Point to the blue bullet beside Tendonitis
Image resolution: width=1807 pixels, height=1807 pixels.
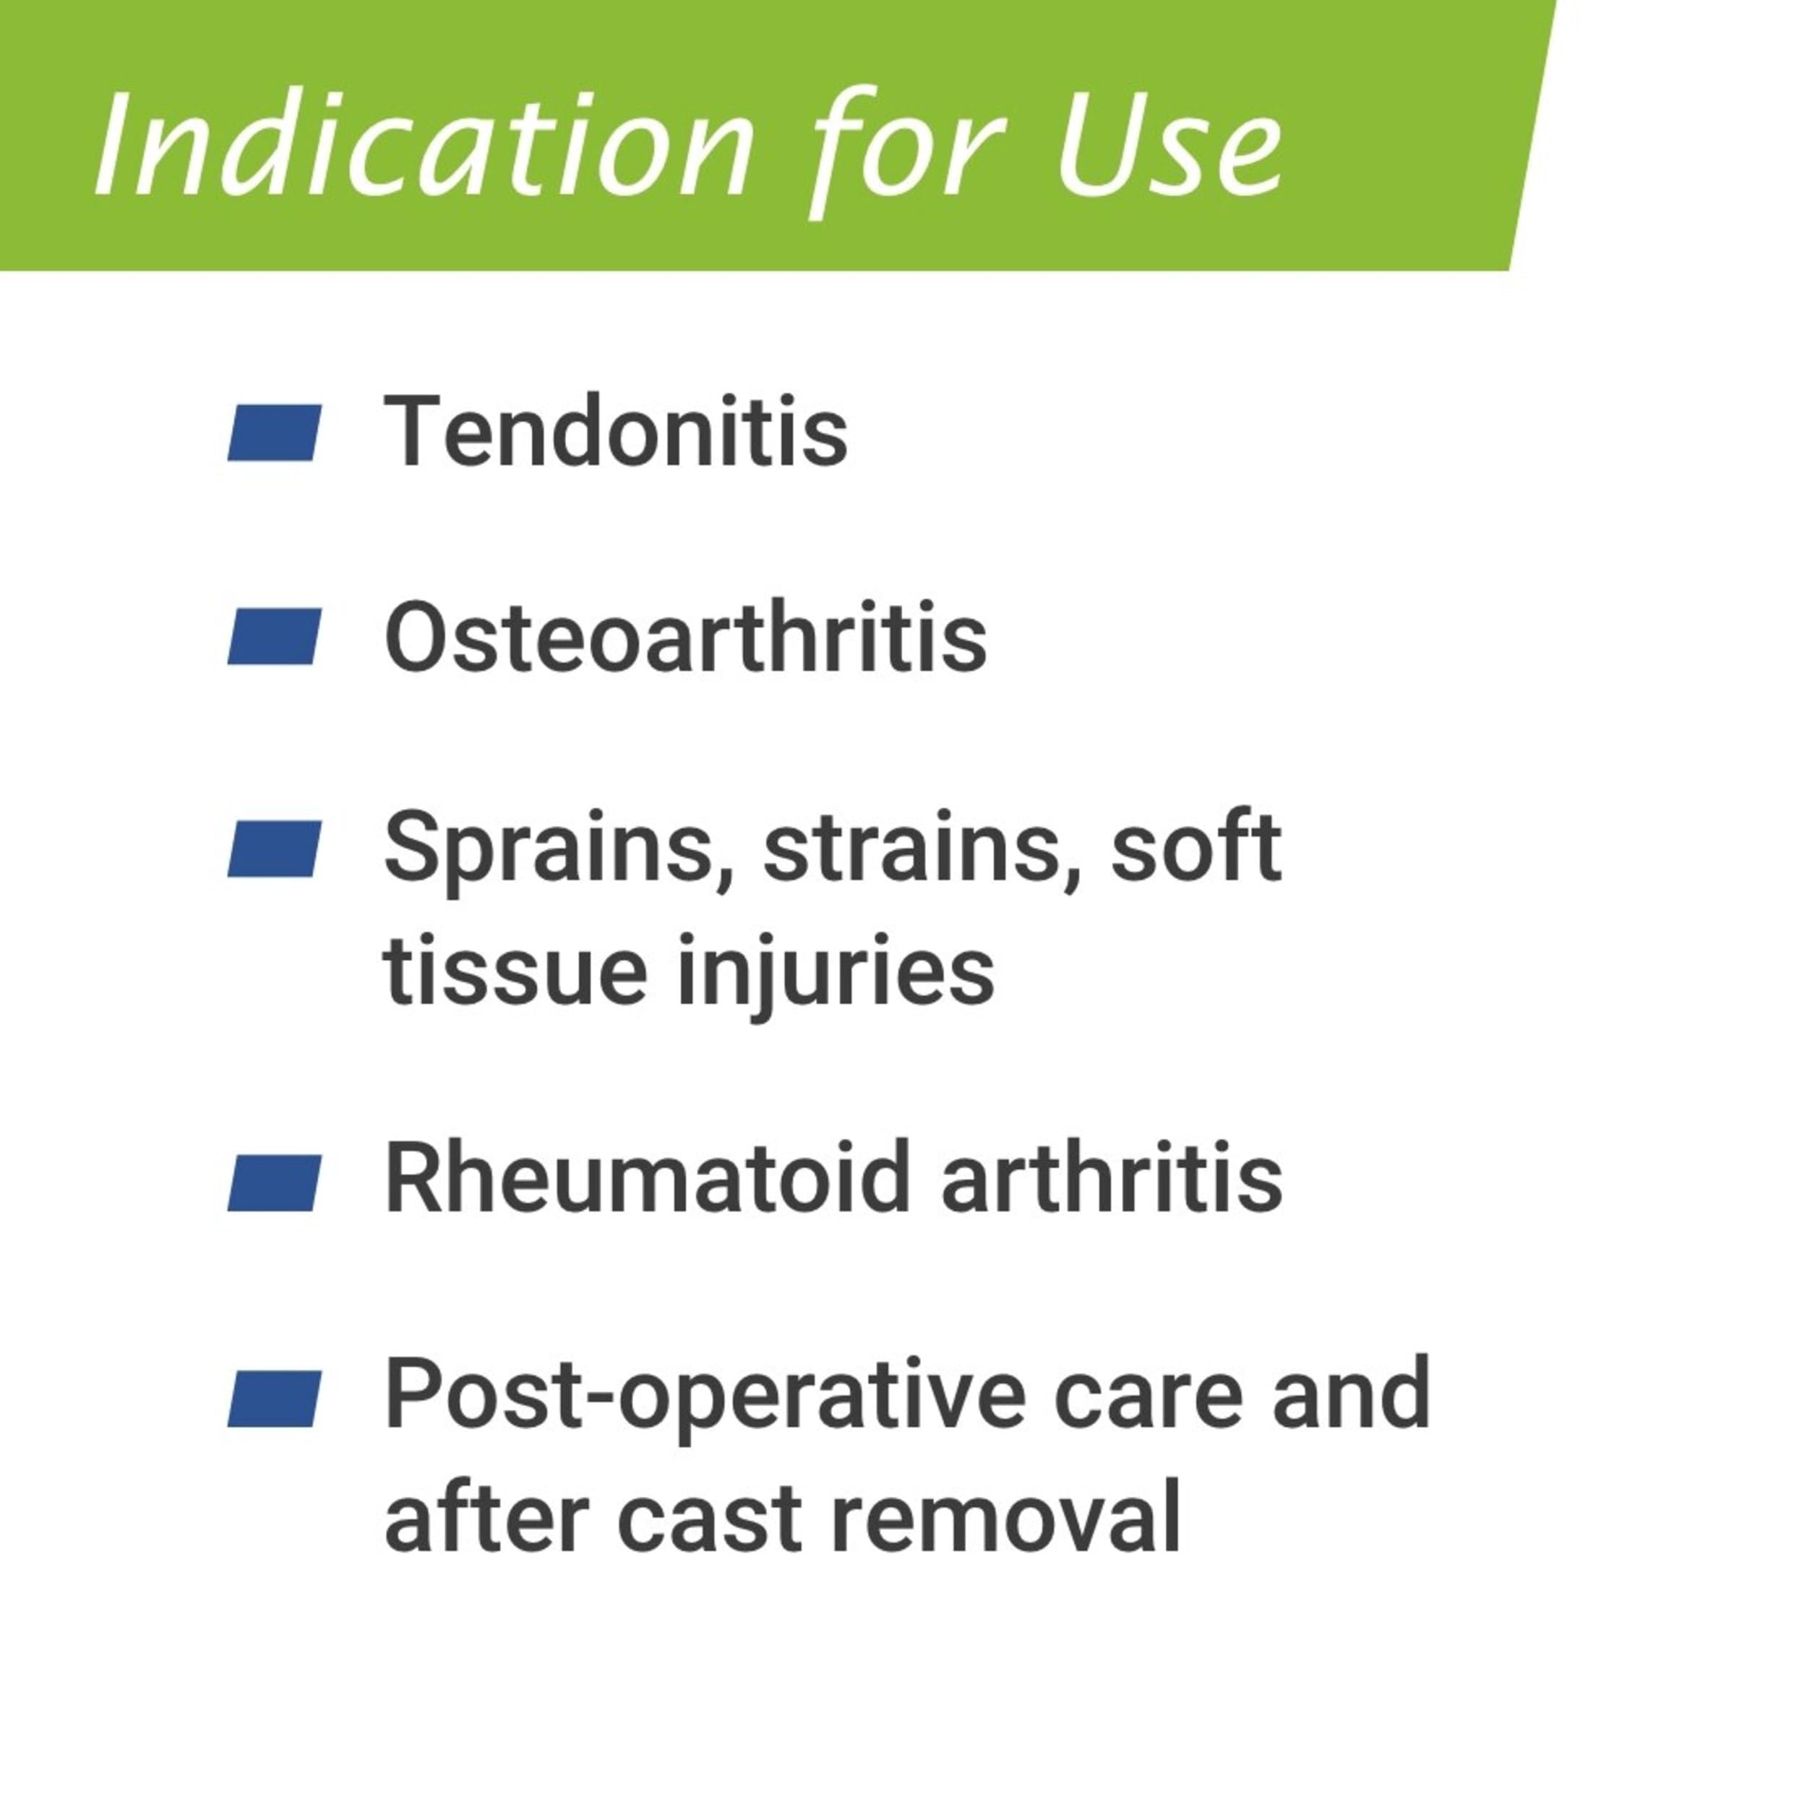pos(274,432)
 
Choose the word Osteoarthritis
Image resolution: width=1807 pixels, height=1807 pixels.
pos(685,637)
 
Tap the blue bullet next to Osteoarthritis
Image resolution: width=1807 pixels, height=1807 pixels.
pos(274,636)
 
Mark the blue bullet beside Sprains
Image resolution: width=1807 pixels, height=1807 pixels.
pos(274,849)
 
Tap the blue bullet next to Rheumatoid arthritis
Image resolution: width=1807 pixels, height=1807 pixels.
pos(274,1183)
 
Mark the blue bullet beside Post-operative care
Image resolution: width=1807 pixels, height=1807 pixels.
pos(274,1399)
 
